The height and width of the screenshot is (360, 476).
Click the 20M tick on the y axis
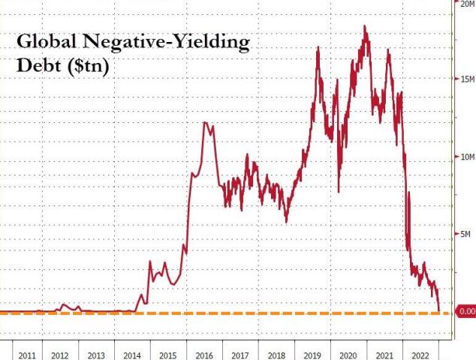(466, 4)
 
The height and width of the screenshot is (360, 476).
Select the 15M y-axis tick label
(466, 79)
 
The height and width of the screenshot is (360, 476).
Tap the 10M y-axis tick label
(466, 157)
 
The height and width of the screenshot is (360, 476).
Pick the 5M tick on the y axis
(466, 234)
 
